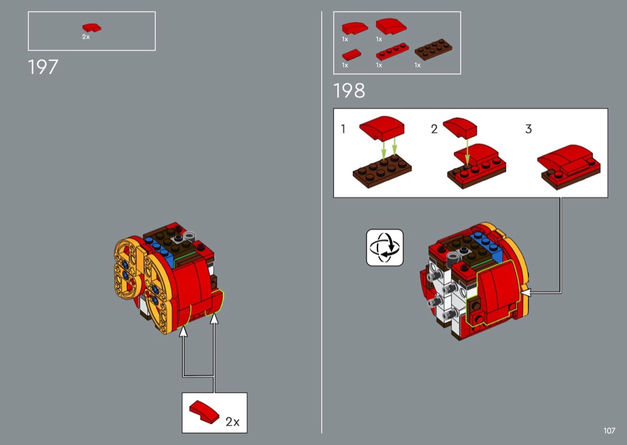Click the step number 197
click(43, 67)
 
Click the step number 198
click(349, 91)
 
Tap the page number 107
click(609, 431)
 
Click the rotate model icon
click(385, 248)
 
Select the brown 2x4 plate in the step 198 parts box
click(433, 49)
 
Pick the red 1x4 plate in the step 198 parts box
click(392, 51)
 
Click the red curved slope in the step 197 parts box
click(91, 27)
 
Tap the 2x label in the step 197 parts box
click(86, 37)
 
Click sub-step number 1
click(343, 129)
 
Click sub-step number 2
click(434, 129)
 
